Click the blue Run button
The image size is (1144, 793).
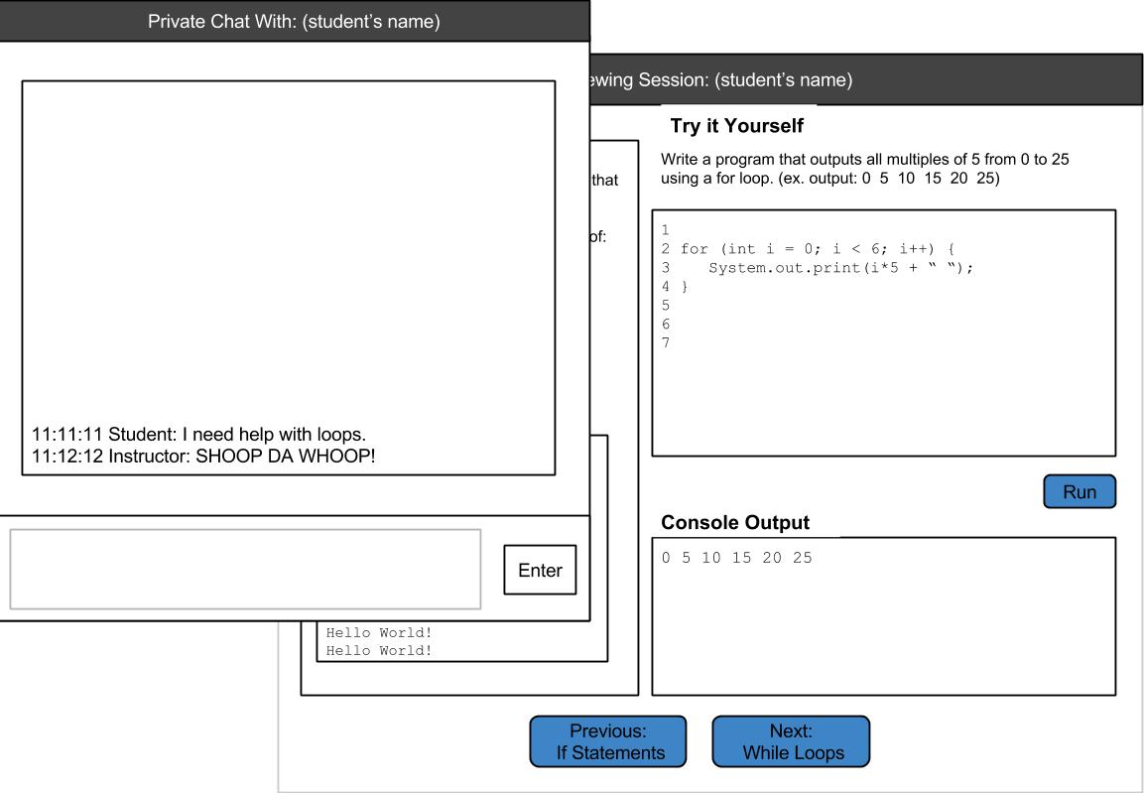[1080, 491]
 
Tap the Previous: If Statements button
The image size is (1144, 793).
[608, 741]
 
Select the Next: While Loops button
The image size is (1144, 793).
[791, 741]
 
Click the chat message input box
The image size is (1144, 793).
[245, 569]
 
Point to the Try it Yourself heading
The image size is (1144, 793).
[737, 125]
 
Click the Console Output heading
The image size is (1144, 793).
[734, 522]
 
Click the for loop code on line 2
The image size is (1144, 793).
[818, 249]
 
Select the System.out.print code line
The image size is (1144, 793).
[840, 268]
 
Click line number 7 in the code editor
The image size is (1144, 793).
[666, 342]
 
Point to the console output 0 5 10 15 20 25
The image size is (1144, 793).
[737, 558]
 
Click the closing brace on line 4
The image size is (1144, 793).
[685, 287]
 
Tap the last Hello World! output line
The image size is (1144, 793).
[379, 650]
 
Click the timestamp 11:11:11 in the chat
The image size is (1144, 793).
[67, 434]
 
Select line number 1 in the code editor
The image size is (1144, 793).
[666, 230]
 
